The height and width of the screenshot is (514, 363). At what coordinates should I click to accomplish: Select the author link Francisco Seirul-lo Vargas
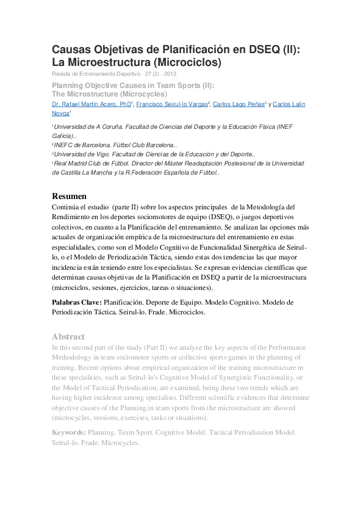(x=171, y=104)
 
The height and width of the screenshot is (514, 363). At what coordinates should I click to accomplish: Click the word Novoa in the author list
(x=60, y=114)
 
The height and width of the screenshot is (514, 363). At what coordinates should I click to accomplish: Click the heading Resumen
(x=69, y=196)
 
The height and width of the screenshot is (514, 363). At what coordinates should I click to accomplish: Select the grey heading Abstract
(x=68, y=336)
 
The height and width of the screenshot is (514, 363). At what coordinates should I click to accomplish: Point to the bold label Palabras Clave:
(x=77, y=302)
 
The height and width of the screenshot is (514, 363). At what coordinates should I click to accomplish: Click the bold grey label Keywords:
(x=68, y=432)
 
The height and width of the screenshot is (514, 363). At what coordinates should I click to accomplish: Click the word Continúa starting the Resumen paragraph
(x=71, y=207)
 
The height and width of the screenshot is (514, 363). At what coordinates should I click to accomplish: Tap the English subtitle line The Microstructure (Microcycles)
(x=109, y=94)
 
